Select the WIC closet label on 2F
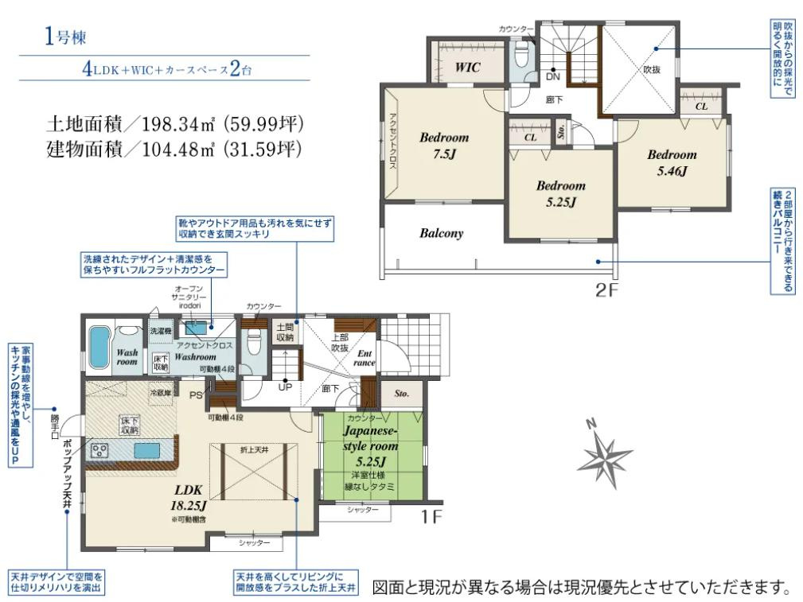pyautogui.click(x=467, y=68)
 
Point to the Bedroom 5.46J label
pyautogui.click(x=671, y=162)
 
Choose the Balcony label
pyautogui.click(x=441, y=234)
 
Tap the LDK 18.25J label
pyautogui.click(x=189, y=497)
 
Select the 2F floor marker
pyautogui.click(x=607, y=289)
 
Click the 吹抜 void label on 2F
pyautogui.click(x=653, y=69)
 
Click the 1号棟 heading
pyautogui.click(x=66, y=37)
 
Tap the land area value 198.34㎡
pyautogui.click(x=185, y=125)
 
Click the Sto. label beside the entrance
pyautogui.click(x=401, y=393)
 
